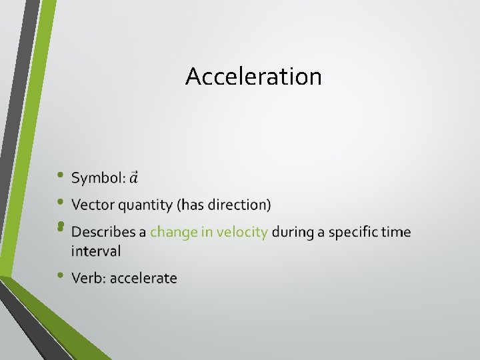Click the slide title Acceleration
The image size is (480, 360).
pos(253,77)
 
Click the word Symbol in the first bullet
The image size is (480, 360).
pos(97,178)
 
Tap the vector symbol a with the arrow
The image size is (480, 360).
pos(133,178)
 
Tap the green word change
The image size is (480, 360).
pos(173,232)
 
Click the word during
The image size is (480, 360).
pos(293,232)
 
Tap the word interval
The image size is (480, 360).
pos(96,251)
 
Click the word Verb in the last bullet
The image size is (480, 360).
pos(89,278)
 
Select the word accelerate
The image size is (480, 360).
pos(143,278)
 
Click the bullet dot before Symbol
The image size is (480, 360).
pos(60,175)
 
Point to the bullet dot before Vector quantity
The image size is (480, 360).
pos(60,201)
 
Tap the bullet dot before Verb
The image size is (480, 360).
pos(60,275)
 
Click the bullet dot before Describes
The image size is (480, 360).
pos(60,227)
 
